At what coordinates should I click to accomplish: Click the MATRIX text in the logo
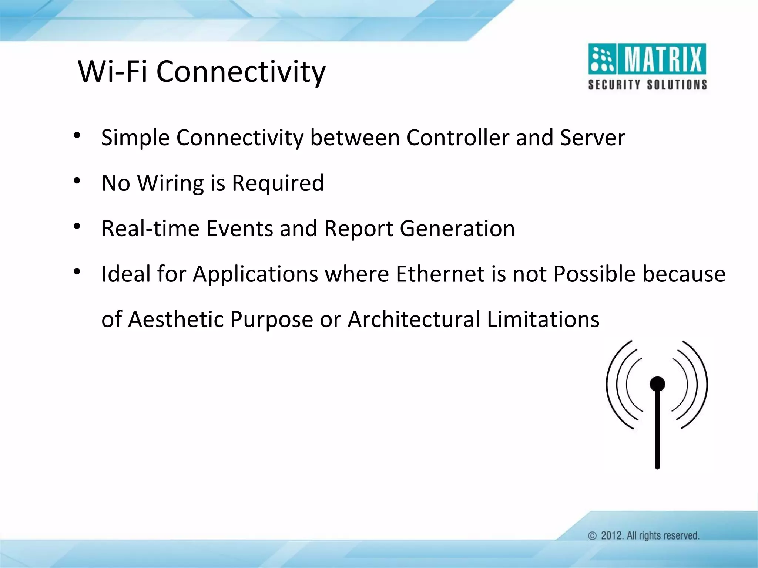[663, 59]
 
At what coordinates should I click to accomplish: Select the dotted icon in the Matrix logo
[602, 59]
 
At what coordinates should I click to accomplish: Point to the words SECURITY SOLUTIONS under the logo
[647, 85]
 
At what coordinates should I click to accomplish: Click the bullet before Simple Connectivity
[77, 135]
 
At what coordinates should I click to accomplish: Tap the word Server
[592, 138]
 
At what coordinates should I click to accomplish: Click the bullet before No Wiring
[77, 181]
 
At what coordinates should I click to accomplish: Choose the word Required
[278, 183]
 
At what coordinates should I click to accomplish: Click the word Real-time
[150, 229]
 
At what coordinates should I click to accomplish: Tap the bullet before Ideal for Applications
[77, 272]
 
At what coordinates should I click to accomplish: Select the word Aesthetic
[175, 319]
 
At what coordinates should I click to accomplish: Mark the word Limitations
[543, 319]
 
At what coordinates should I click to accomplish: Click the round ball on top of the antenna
[657, 384]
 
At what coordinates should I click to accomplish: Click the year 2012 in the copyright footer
[611, 535]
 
